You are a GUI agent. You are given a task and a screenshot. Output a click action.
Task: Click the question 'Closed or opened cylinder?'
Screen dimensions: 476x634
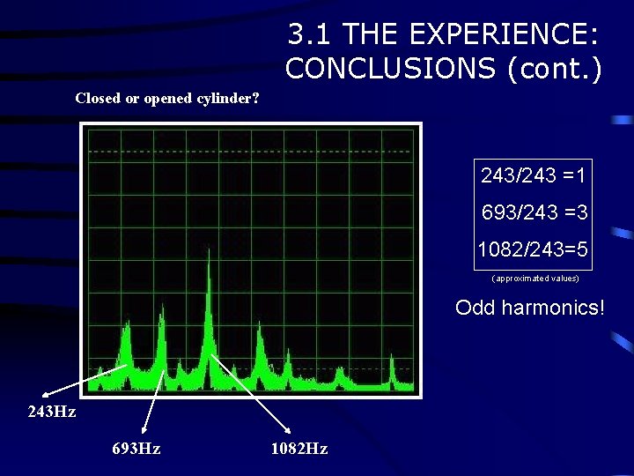[x=167, y=98]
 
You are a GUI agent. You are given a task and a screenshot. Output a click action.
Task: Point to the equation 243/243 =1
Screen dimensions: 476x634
[x=534, y=175]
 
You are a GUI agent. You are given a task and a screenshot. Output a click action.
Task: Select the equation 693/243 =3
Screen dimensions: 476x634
[x=534, y=212]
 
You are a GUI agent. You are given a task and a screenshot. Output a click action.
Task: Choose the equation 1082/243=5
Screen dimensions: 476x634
[x=534, y=249]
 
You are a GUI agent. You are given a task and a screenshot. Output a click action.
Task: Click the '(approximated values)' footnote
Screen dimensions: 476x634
[x=534, y=278]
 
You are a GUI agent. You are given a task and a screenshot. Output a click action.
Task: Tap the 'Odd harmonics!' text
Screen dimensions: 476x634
[x=530, y=308]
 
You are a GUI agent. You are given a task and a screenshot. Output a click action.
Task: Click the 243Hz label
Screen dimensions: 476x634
[x=52, y=413]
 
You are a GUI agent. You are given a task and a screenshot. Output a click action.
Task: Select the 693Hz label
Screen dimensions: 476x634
[x=136, y=449]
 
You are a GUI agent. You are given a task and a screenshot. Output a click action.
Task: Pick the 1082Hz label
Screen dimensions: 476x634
[x=299, y=449]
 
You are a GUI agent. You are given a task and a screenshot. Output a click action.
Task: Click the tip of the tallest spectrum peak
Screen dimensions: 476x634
[x=209, y=250]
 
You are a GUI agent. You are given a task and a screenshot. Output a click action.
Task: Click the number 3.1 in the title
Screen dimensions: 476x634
[x=310, y=35]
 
